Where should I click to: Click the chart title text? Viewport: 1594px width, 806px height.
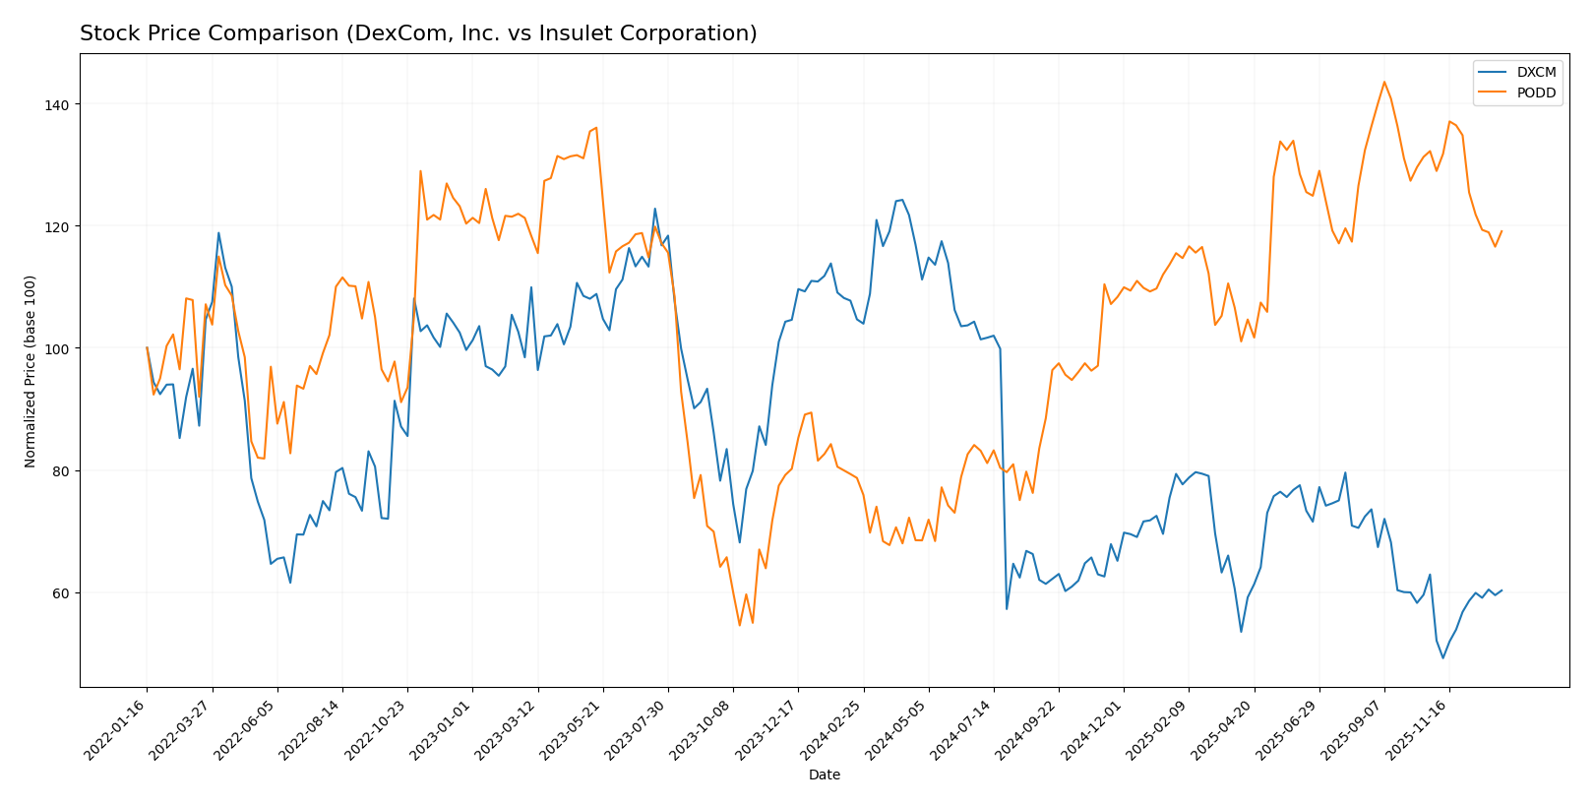[x=418, y=33]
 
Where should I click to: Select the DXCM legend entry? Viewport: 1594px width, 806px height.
[x=1536, y=73]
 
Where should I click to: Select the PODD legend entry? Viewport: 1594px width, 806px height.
[x=1536, y=93]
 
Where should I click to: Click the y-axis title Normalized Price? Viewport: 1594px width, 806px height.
[x=31, y=371]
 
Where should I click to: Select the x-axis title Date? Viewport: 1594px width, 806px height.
[x=824, y=775]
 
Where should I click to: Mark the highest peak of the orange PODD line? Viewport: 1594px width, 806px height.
[x=1383, y=82]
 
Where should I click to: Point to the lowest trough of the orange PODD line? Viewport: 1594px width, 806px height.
[x=739, y=625]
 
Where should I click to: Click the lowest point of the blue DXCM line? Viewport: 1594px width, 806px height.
[x=1442, y=657]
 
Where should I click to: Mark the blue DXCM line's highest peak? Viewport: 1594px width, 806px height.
[x=902, y=200]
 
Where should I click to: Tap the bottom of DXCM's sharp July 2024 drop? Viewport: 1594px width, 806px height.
[x=1007, y=608]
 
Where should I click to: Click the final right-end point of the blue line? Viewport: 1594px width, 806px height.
[x=1502, y=590]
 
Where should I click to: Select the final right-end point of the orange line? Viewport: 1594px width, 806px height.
[x=1502, y=231]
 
